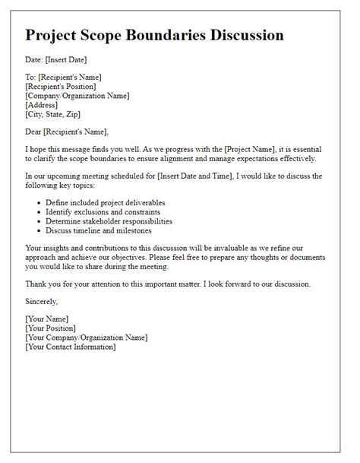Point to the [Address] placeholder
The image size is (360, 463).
point(43,105)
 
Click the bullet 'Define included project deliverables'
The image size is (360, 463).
point(105,201)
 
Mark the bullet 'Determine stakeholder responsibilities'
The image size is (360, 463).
point(109,220)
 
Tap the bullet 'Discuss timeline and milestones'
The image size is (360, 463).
point(98,230)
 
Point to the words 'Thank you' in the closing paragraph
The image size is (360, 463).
point(43,284)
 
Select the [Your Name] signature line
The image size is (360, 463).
point(47,319)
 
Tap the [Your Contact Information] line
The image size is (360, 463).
point(70,347)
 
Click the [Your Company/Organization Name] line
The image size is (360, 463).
point(86,338)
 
